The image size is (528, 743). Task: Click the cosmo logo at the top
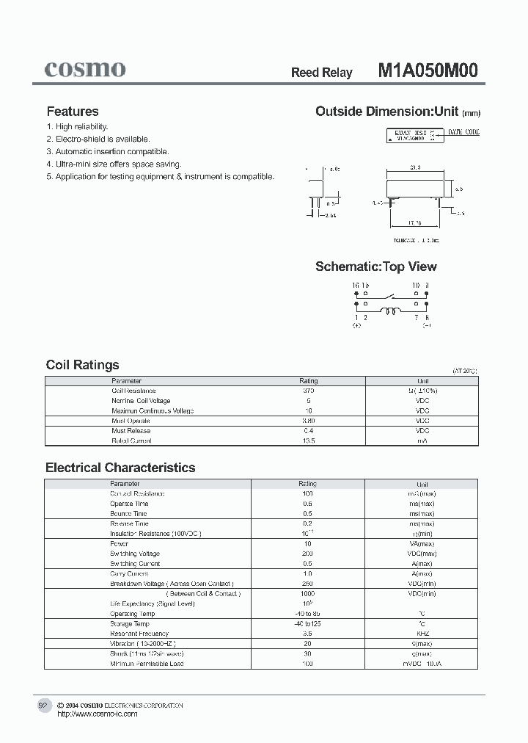coord(85,69)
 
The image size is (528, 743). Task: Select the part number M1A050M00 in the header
coord(428,70)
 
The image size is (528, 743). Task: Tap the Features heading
coord(73,112)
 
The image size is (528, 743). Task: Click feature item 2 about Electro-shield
coord(98,139)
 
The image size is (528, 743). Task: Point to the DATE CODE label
coord(463,132)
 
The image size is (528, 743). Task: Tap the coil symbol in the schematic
coord(393,312)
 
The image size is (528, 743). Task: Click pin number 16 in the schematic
coord(355,285)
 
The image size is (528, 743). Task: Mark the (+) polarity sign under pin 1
coord(357,325)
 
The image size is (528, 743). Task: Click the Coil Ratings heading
coord(82,365)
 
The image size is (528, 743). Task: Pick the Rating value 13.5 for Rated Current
coord(308,441)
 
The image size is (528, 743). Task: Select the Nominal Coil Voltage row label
coord(141,401)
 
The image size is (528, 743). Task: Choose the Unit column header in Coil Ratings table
coord(422,381)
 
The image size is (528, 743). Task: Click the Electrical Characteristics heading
coord(120,468)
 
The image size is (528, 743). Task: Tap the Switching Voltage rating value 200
coord(307,554)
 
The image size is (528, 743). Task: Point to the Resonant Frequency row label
coord(139,634)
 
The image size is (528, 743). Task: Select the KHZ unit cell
coord(422,634)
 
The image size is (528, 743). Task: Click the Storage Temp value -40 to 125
coord(307,623)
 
